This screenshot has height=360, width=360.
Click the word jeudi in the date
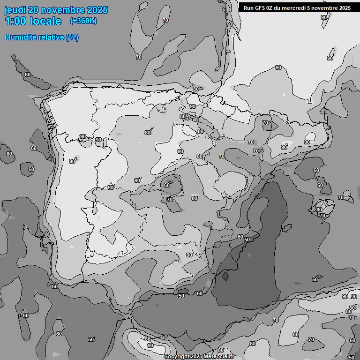tap(15, 10)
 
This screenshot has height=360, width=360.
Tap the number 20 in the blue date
tap(34, 10)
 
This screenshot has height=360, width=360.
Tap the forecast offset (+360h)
tap(83, 21)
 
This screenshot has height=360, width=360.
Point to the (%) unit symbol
tap(72, 37)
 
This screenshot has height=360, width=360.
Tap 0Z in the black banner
tap(271, 7)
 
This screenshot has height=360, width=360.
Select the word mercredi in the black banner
tap(296, 7)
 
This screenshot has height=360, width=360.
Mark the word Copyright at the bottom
tap(177, 357)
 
